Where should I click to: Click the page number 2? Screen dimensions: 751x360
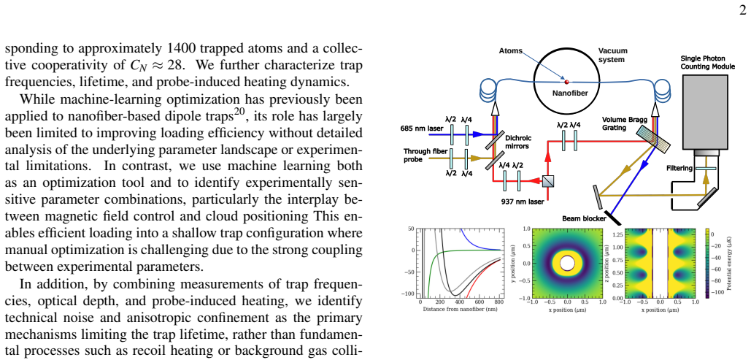[743, 11]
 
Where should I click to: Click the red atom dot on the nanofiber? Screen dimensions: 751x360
[567, 82]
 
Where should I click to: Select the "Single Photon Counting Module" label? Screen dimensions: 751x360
[707, 62]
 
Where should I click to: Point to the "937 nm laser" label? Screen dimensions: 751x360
[523, 202]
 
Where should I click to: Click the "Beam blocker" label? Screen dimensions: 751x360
[584, 220]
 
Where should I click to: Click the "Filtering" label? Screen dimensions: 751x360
[679, 168]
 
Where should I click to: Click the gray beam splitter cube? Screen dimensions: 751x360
[548, 180]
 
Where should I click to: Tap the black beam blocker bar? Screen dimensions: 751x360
[612, 218]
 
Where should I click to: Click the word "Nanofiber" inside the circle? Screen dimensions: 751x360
[567, 94]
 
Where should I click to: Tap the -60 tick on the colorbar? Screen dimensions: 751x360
[720, 269]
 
